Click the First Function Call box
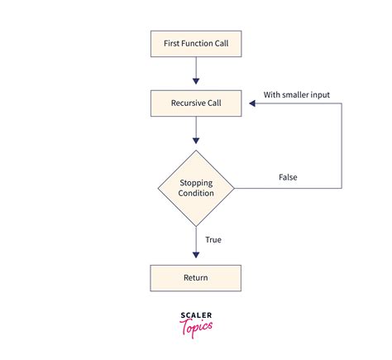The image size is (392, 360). pyautogui.click(x=195, y=44)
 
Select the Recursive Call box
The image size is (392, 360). pyautogui.click(x=195, y=103)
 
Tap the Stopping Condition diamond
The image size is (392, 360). pyautogui.click(x=196, y=188)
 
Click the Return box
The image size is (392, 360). pyautogui.click(x=195, y=278)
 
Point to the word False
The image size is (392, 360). pyautogui.click(x=287, y=177)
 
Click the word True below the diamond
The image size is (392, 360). pyautogui.click(x=213, y=240)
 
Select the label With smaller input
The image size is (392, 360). pyautogui.click(x=297, y=95)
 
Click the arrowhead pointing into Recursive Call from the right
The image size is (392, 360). pyautogui.click(x=246, y=103)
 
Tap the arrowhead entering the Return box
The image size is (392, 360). pyautogui.click(x=196, y=259)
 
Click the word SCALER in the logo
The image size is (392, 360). pyautogui.click(x=196, y=314)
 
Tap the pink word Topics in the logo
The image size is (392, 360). pyautogui.click(x=196, y=326)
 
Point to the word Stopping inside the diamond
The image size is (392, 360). pyautogui.click(x=196, y=182)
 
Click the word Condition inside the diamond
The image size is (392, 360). pyautogui.click(x=196, y=194)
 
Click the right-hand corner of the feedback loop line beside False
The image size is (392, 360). pyautogui.click(x=342, y=188)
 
